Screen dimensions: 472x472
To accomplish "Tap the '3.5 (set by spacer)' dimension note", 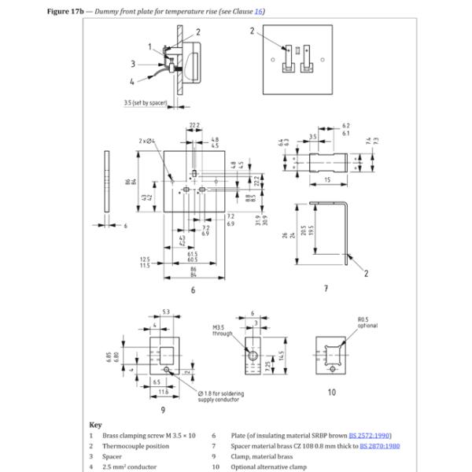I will tap(145, 102).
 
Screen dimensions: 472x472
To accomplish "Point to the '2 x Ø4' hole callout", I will tap(146, 141).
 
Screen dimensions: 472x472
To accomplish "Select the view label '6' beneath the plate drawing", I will tap(193, 289).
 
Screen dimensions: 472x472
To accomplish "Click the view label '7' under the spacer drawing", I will tap(326, 289).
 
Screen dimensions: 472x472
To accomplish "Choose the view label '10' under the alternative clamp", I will tap(331, 391).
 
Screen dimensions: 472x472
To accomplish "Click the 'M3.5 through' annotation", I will tap(223, 329).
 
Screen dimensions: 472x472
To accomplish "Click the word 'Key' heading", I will tap(96, 424).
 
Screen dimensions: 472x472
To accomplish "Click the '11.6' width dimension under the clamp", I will tap(161, 390).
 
